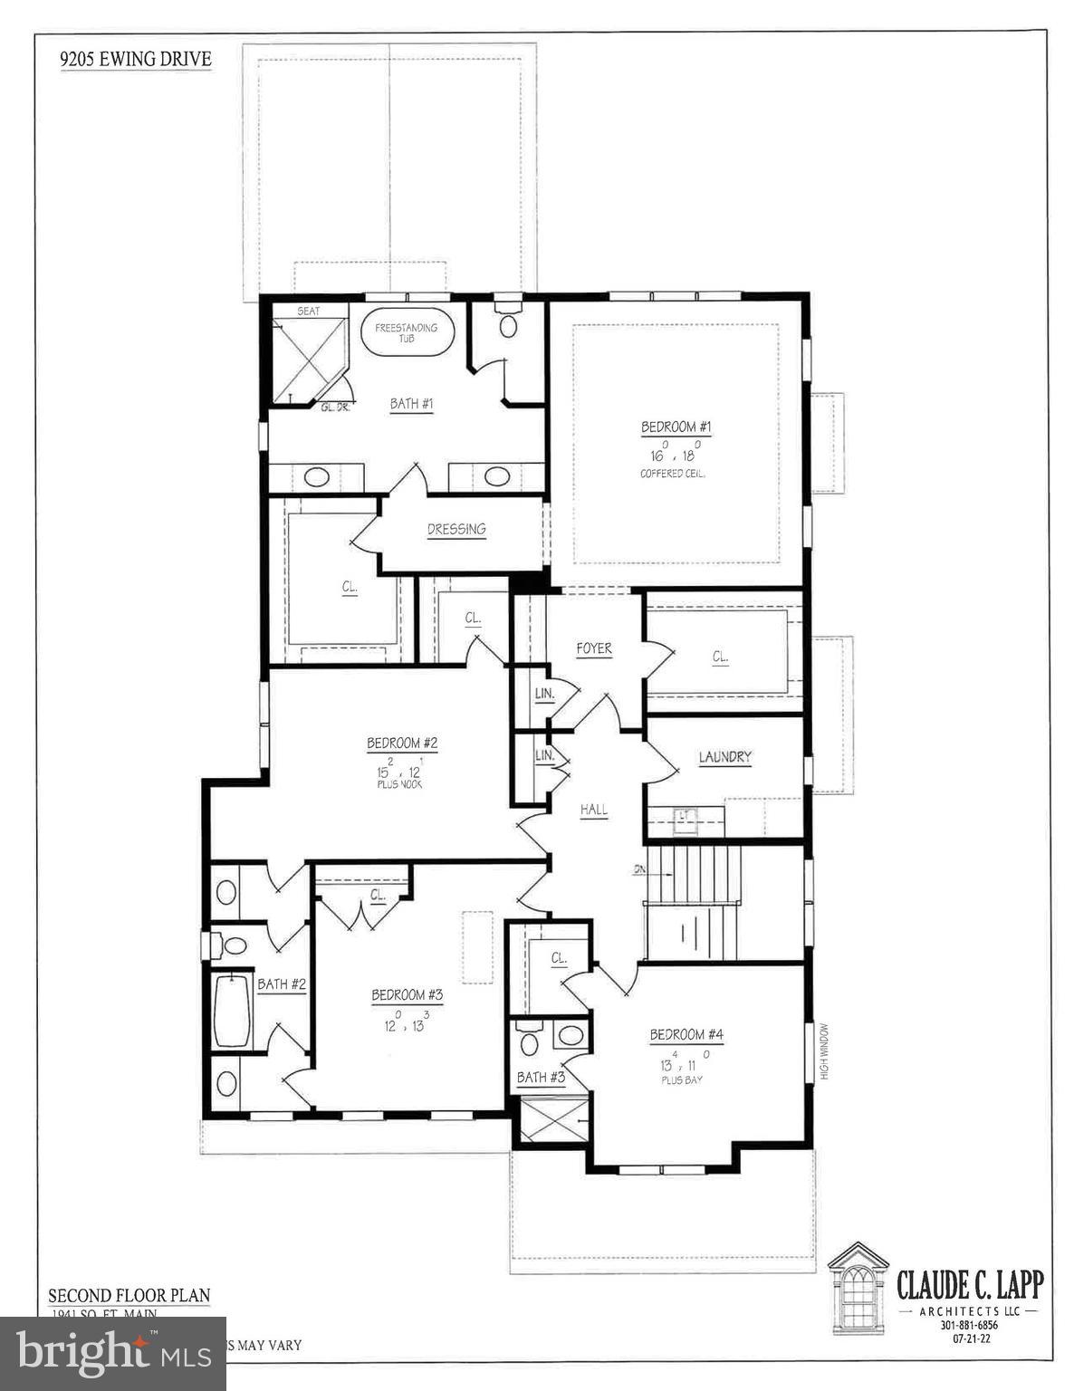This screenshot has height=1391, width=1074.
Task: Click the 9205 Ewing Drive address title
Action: click(x=136, y=61)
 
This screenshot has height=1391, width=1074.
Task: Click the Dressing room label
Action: click(x=456, y=529)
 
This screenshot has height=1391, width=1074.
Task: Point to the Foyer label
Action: click(x=594, y=648)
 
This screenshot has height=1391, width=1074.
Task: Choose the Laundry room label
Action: click(x=724, y=757)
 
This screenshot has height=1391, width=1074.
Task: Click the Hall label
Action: click(x=594, y=810)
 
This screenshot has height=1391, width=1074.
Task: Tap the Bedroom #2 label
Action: click(x=402, y=743)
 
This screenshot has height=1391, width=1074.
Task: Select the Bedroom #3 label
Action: click(x=407, y=995)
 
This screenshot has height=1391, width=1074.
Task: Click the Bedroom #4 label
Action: click(x=686, y=1034)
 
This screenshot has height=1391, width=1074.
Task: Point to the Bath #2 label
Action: click(x=282, y=983)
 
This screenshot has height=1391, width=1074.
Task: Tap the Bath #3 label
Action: click(x=541, y=1077)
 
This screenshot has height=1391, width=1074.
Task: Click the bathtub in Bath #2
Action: click(x=231, y=1010)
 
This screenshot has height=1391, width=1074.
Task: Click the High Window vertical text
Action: click(x=825, y=1050)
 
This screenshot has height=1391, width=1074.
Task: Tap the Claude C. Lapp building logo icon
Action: click(x=858, y=1287)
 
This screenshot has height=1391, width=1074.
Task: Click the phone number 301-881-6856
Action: click(x=968, y=1326)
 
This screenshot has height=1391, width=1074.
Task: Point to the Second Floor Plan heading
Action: click(x=129, y=1295)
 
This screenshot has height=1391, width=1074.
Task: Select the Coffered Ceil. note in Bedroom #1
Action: click(x=673, y=474)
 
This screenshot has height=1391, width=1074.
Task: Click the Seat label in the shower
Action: click(x=309, y=311)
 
